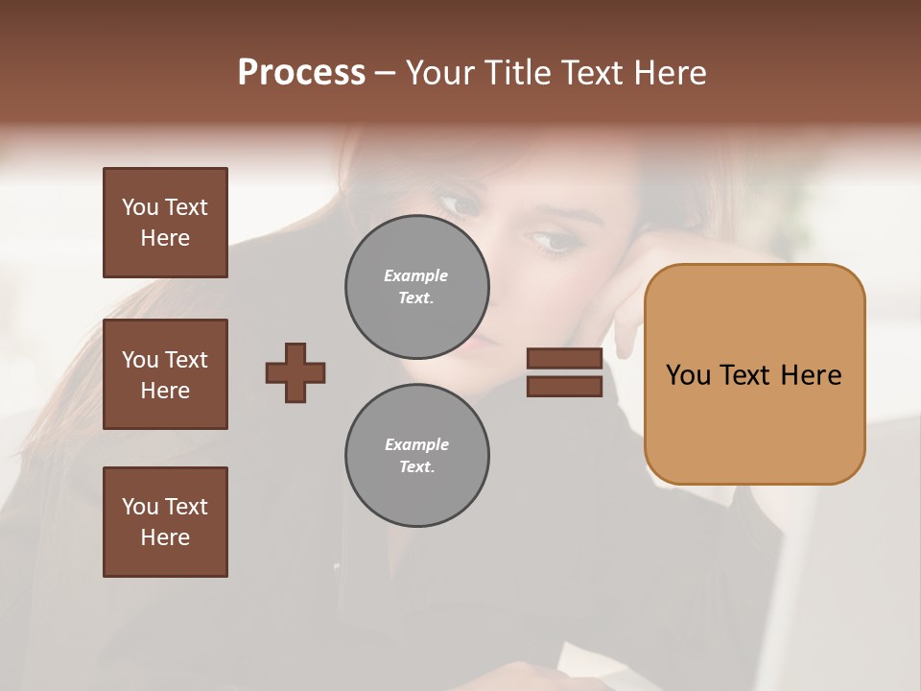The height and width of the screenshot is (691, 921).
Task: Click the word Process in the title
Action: point(301,73)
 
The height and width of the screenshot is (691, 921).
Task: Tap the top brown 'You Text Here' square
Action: point(165,223)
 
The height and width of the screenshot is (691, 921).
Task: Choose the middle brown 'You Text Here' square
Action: point(165,374)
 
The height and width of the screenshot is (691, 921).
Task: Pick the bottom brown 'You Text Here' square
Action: point(165,522)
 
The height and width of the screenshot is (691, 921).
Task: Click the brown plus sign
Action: point(295,372)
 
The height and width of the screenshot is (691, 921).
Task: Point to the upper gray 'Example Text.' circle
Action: point(417,287)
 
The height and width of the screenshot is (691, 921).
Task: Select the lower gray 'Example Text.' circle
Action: point(417,456)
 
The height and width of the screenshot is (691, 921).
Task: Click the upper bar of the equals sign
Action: point(564,358)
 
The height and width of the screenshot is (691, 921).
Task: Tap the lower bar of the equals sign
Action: point(564,386)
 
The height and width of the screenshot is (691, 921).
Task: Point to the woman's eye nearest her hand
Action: point(555,240)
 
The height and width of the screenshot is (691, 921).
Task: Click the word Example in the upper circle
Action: point(415,275)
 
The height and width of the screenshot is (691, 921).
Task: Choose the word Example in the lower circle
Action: point(416,444)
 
